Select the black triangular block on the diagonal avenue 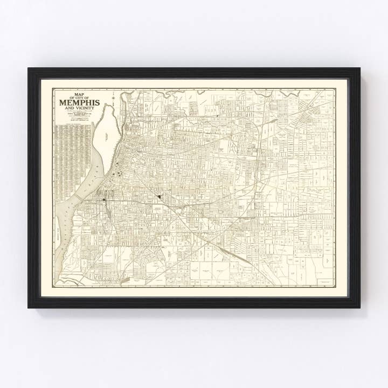(160, 198)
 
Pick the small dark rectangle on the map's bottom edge (124, 280)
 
